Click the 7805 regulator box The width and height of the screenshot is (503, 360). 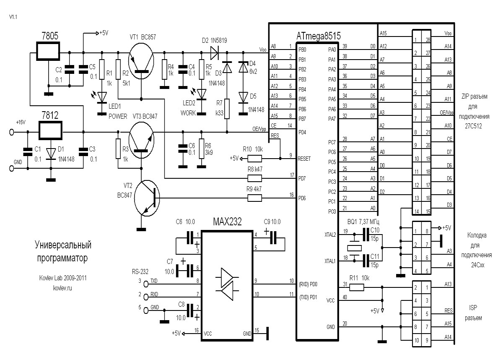coord(48,51)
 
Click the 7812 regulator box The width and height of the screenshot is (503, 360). coord(51,130)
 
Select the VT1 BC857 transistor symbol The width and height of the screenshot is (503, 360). coord(141,61)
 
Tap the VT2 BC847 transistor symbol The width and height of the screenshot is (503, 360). coord(147,198)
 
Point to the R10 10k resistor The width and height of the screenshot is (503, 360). coord(255,159)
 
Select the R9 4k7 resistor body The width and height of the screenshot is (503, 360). coord(255,198)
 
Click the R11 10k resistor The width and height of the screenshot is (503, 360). coord(357,287)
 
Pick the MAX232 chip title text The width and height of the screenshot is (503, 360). coord(227,222)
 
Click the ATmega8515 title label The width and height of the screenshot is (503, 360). coord(319,36)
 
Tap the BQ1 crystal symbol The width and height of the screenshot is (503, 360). coord(354,248)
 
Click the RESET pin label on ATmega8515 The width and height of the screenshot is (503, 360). coord(304,159)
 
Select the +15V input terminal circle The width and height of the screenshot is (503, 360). coord(12,132)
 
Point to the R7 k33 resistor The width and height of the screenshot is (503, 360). coord(227,109)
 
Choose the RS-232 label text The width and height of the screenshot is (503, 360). coord(140,272)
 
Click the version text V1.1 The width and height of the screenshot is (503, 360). coord(13,17)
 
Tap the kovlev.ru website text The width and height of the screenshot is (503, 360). coord(62,288)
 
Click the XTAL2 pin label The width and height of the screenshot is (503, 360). coord(330,235)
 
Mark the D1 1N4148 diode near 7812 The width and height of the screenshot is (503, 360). coord(51,154)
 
